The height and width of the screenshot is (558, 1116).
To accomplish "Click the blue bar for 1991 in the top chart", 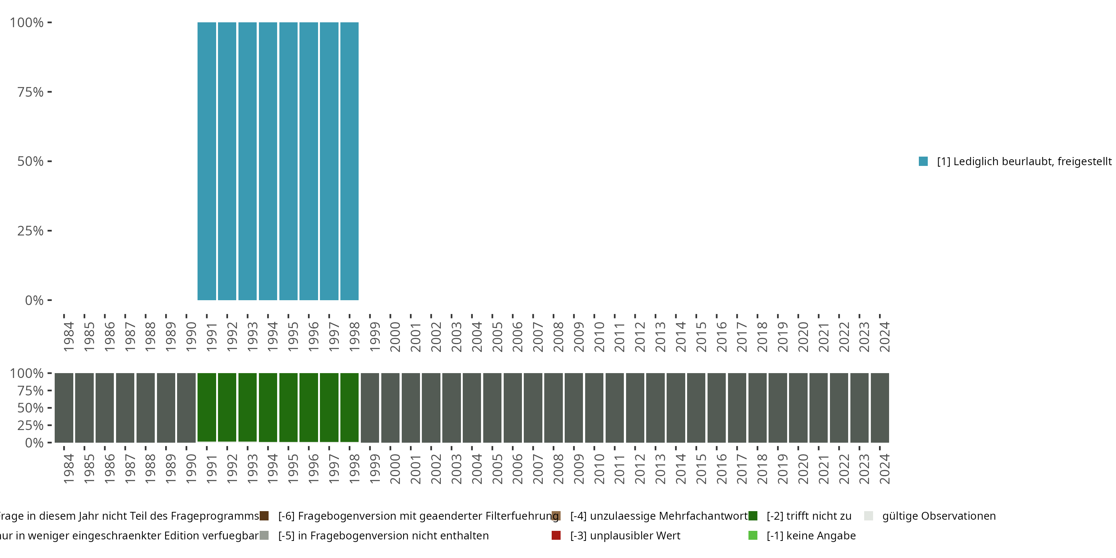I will click(x=207, y=161).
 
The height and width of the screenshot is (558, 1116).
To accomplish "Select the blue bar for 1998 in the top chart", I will click(x=349, y=161).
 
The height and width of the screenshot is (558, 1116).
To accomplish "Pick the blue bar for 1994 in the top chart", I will click(x=268, y=161).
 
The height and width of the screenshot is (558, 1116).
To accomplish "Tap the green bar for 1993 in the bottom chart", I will click(x=247, y=407).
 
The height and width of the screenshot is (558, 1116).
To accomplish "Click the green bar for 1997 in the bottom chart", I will click(x=329, y=407).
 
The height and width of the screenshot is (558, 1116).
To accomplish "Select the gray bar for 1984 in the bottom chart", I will click(x=64, y=407).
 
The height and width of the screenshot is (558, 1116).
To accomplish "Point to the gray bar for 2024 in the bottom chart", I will click(x=880, y=407).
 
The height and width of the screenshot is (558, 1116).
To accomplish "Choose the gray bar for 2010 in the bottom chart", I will click(x=594, y=407).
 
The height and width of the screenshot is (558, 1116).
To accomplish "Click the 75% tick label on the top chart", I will click(x=31, y=92).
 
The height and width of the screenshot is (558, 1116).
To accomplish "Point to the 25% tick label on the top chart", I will click(x=31, y=231).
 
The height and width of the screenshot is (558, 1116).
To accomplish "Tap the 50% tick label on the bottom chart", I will click(x=31, y=408).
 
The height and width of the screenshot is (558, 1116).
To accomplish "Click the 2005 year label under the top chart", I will click(x=497, y=337).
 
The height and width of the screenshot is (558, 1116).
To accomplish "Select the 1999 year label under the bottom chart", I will click(x=374, y=469).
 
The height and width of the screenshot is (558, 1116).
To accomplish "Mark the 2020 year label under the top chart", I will click(x=803, y=337).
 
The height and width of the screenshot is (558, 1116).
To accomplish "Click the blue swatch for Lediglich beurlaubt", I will click(x=923, y=161).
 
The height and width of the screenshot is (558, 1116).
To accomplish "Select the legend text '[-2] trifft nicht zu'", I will click(x=809, y=516).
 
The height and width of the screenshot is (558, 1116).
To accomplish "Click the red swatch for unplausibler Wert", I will click(x=556, y=535).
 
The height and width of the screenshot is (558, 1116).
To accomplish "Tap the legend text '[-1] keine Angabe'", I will click(x=811, y=535).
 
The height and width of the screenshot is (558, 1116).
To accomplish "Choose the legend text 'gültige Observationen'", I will click(x=939, y=516).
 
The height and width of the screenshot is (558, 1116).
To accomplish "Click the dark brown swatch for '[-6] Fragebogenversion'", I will click(x=264, y=516).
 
